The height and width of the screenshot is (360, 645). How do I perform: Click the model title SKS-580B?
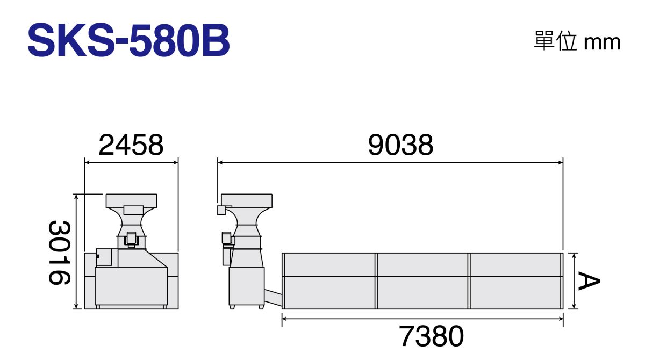pos(128,40)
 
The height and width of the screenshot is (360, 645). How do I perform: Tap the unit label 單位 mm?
pos(577,42)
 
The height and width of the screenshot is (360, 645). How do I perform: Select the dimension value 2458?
pos(131,145)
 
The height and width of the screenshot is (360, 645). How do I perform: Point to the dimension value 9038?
pos(400,145)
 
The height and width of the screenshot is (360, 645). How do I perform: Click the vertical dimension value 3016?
pos(59,253)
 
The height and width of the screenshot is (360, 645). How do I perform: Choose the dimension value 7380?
pos(431,336)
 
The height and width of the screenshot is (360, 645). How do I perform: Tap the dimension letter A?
pos(589,281)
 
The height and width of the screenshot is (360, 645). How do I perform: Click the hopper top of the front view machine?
pos(132,200)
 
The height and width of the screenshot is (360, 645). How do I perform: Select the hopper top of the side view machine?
pos(247,200)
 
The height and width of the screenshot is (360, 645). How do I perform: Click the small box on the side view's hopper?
pos(221,210)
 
